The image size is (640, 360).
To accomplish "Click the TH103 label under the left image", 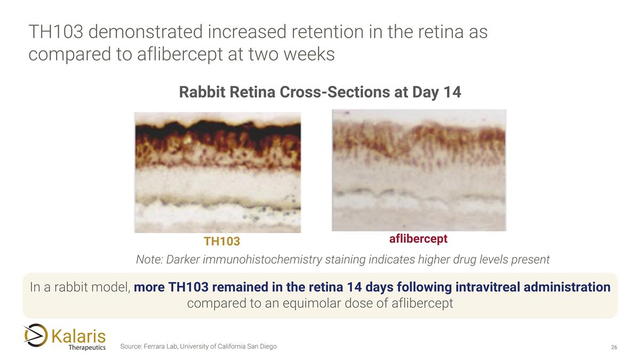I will coord(222,242).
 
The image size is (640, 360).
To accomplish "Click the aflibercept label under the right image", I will coord(418,239).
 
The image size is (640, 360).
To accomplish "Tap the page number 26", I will coord(614,347).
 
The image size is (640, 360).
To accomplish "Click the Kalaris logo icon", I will coord(35,335).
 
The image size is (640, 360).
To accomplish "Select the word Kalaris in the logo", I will coord(78,336).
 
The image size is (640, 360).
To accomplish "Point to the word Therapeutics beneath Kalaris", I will coord(87,348).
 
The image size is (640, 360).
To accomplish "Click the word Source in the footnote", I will coord(130,347).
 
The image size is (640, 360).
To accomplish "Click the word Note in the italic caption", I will coord(149,260).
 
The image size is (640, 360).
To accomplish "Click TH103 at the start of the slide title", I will coord(55,33).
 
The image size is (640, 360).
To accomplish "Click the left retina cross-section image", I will coord(217,172).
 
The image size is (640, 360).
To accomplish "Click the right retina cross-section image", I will coord(419,170).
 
